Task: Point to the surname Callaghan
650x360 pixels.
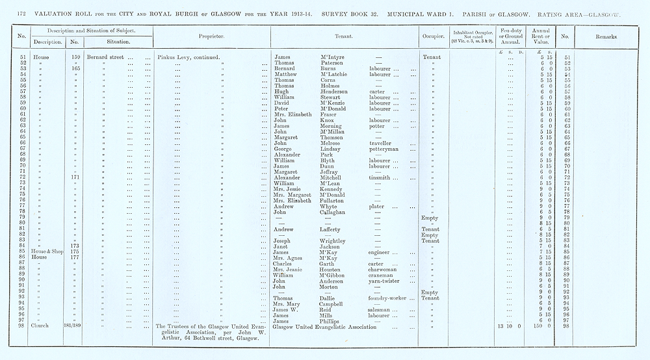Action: tap(335, 212)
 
